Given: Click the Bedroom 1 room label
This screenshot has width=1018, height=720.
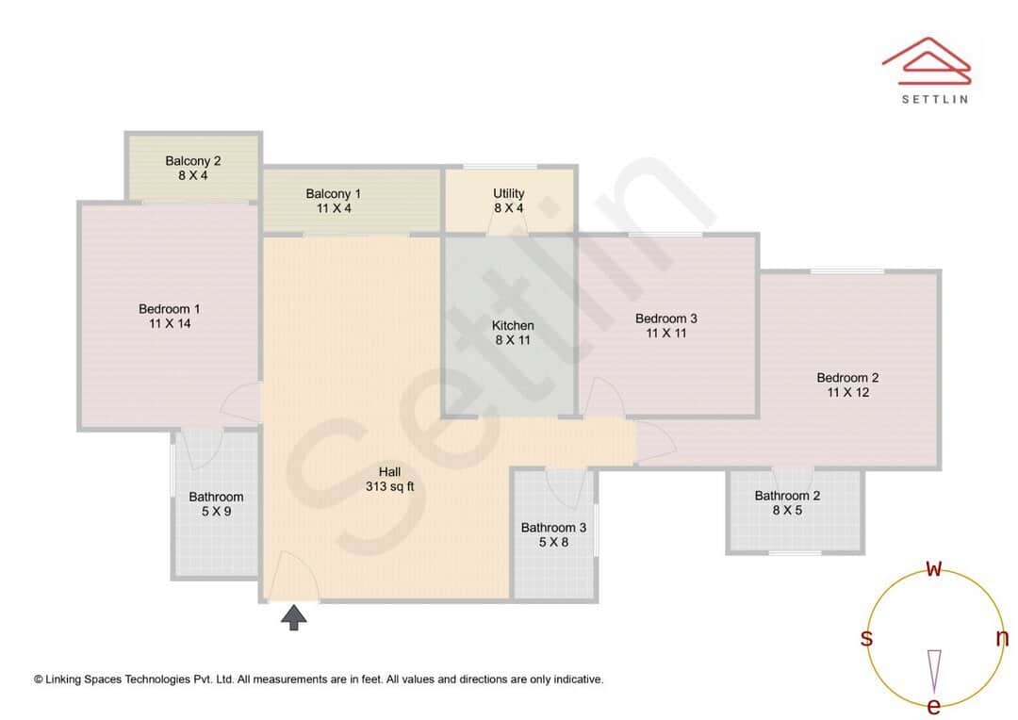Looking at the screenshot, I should pyautogui.click(x=169, y=309).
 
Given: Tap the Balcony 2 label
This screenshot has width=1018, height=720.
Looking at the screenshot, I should pyautogui.click(x=192, y=161).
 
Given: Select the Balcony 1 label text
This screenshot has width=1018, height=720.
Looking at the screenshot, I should pyautogui.click(x=333, y=194).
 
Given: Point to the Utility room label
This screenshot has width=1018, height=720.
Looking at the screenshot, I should pyautogui.click(x=509, y=194).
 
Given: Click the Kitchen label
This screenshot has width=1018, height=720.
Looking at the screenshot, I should pyautogui.click(x=513, y=326).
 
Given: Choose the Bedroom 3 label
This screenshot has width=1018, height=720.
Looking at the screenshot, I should pyautogui.click(x=665, y=319).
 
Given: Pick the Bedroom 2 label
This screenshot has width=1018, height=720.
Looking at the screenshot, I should pyautogui.click(x=847, y=378).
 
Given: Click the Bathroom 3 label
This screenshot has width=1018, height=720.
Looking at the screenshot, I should pyautogui.click(x=553, y=528).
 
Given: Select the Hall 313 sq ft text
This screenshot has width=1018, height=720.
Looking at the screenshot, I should pyautogui.click(x=390, y=480).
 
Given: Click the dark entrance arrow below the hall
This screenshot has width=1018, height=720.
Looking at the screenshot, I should pyautogui.click(x=294, y=618).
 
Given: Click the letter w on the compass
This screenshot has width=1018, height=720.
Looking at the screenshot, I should pyautogui.click(x=934, y=568).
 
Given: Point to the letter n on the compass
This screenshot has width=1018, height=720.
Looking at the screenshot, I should pyautogui.click(x=1002, y=638).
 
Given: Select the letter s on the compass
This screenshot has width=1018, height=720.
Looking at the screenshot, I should pyautogui.click(x=866, y=638).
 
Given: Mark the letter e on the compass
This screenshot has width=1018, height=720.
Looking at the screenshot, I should pyautogui.click(x=934, y=706).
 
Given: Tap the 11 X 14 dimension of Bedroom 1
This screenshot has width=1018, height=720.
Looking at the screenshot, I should pyautogui.click(x=169, y=324).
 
